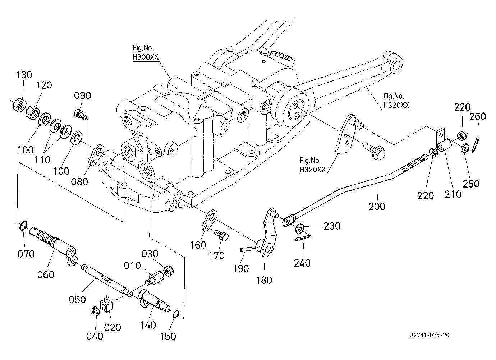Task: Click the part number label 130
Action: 24,75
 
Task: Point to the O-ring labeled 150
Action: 176,314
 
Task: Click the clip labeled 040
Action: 95,311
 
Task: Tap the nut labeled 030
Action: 168,271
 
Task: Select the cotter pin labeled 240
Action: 303,237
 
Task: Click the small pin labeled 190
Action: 246,249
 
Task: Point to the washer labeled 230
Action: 299,228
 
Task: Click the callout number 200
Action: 377,206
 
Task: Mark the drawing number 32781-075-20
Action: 430,335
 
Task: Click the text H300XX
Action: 146,57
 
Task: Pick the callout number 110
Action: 42,160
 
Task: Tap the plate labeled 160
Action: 209,220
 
